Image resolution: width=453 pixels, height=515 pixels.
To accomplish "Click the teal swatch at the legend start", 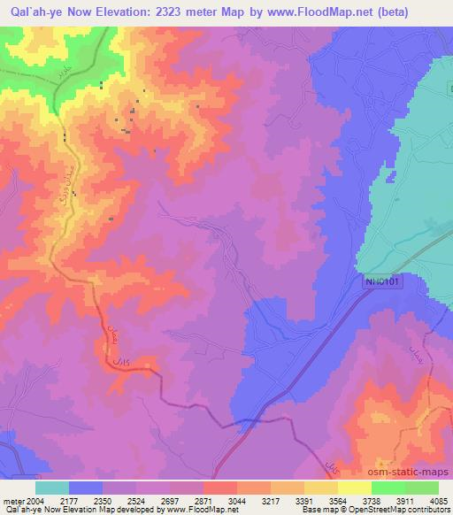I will pyautogui.click(x=52, y=488).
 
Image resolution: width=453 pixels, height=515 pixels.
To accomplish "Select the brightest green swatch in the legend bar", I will pyautogui.click(x=388, y=488).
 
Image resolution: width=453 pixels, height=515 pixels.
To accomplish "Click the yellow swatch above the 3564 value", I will pyautogui.click(x=320, y=488).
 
